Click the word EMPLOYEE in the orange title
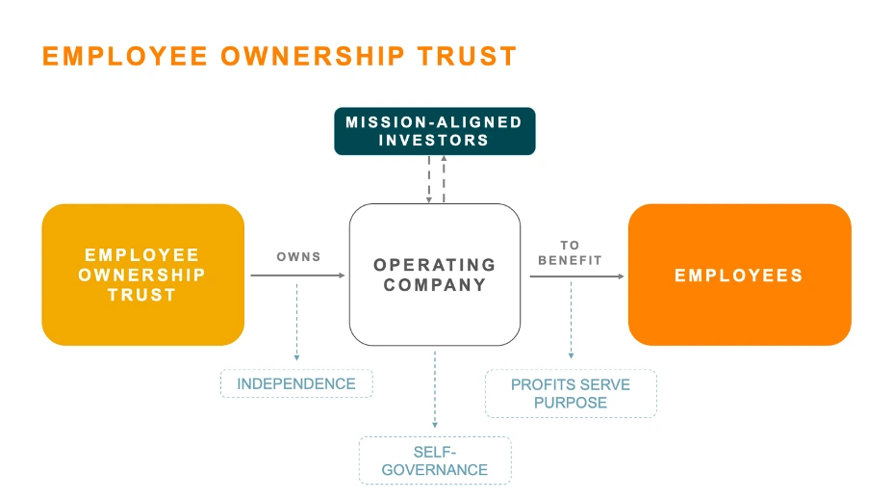(125, 57)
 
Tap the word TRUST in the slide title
(467, 57)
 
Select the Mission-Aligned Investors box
(435, 131)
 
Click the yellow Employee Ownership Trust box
(143, 275)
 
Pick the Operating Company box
(435, 275)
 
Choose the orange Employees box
(740, 275)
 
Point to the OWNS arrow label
(299, 257)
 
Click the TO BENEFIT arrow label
(570, 252)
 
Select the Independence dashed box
(296, 383)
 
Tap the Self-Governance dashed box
(435, 460)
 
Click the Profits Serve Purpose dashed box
(571, 393)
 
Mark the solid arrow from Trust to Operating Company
(298, 276)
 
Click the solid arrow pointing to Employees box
(577, 276)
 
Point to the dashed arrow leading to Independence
(296, 322)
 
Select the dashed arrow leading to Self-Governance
(435, 389)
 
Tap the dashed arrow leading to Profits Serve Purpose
(572, 320)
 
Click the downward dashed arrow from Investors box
(429, 179)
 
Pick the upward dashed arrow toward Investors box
(445, 178)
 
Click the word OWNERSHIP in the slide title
(313, 57)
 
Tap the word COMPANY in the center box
(435, 284)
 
